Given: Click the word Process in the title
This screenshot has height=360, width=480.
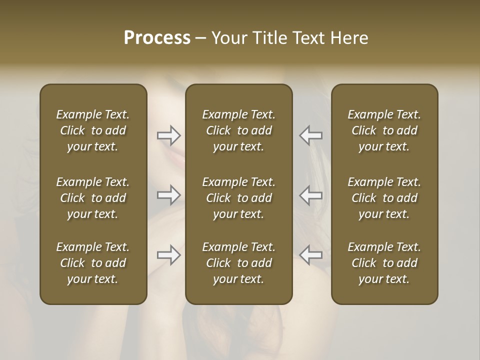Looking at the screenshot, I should pyautogui.click(x=157, y=38).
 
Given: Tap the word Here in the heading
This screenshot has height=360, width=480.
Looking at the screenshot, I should pyautogui.click(x=348, y=38).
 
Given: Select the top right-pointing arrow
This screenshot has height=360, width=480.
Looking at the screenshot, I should pyautogui.click(x=168, y=135).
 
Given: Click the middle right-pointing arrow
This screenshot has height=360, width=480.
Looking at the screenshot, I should pyautogui.click(x=168, y=194).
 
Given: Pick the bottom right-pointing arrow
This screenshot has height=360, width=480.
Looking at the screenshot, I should pyautogui.click(x=168, y=255).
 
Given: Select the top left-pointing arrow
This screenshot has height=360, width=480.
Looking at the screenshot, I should pyautogui.click(x=311, y=135).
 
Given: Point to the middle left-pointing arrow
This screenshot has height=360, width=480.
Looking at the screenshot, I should pyautogui.click(x=311, y=194).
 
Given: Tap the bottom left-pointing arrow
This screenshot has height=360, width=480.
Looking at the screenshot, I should pyautogui.click(x=311, y=255).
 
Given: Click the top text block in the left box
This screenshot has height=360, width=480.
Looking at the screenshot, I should pyautogui.click(x=93, y=130).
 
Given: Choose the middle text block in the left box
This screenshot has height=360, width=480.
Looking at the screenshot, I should pyautogui.click(x=93, y=198).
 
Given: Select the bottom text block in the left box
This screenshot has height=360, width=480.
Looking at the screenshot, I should pyautogui.click(x=93, y=263).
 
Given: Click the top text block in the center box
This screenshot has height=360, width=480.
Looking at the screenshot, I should pyautogui.click(x=238, y=130).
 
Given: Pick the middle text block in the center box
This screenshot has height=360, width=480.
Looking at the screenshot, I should pyautogui.click(x=238, y=198).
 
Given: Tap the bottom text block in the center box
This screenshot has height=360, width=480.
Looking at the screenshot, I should pyautogui.click(x=238, y=263).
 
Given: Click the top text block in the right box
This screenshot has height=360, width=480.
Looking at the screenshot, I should pyautogui.click(x=384, y=130).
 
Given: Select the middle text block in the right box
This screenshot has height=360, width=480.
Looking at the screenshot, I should pyautogui.click(x=384, y=198).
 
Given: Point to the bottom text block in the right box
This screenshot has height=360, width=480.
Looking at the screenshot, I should pyautogui.click(x=384, y=263).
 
